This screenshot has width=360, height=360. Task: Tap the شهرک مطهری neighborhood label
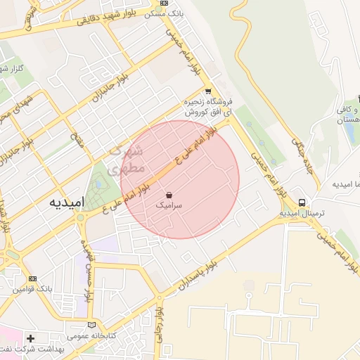[x=129, y=159]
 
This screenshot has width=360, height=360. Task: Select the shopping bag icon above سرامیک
[x=169, y=194]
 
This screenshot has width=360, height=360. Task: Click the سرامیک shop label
[x=169, y=206]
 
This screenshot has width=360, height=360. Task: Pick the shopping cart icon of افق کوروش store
[x=207, y=91]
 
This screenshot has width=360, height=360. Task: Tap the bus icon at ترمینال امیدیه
[x=302, y=202]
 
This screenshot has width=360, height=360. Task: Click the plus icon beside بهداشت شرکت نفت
[x=30, y=338]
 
